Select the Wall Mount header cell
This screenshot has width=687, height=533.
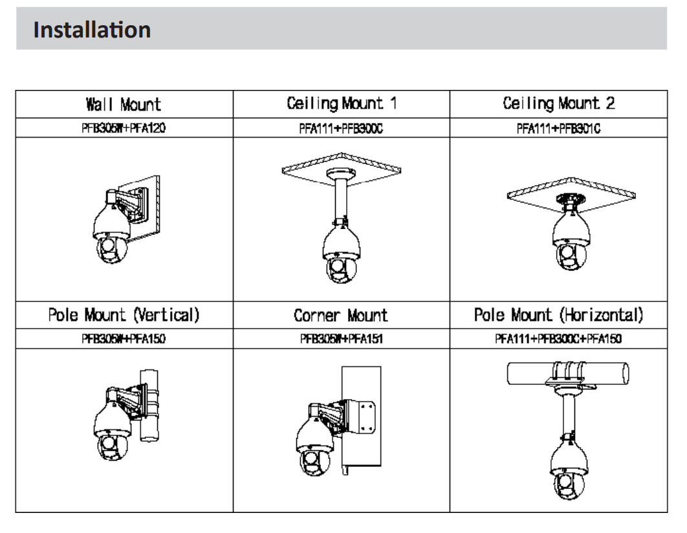(x=124, y=103)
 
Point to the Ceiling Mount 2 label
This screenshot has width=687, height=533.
(x=558, y=103)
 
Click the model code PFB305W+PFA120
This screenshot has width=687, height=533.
(x=124, y=128)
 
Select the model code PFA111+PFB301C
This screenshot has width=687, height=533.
(x=558, y=128)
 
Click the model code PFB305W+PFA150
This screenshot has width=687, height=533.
(x=124, y=339)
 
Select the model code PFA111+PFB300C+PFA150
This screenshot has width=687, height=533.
(x=558, y=339)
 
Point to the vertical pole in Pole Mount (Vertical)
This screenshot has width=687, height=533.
(x=149, y=401)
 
